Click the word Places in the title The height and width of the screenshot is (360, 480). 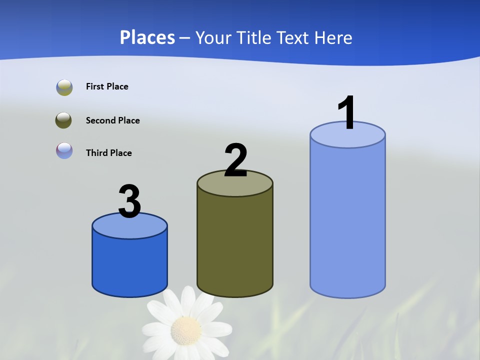tap(147, 37)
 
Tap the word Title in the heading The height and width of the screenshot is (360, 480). tap(253, 37)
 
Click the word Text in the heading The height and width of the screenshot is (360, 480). tap(292, 37)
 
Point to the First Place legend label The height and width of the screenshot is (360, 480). tap(107, 86)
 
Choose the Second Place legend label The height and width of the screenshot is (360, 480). tap(112, 120)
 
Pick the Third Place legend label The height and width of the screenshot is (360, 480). tap(108, 153)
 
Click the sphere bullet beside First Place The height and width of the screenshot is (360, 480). tap(64, 87)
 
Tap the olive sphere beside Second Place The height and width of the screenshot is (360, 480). tap(63, 120)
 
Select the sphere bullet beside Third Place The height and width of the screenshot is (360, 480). tap(64, 150)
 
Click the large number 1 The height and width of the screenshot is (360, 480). tap(346, 113)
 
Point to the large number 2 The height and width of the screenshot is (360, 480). tap(235, 160)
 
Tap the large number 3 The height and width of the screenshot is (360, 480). tap(129, 201)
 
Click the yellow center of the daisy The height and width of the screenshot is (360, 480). tap(186, 330)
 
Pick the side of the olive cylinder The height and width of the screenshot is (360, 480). tap(235, 240)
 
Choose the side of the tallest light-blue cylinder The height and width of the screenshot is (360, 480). tap(347, 220)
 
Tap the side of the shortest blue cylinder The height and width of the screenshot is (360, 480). tap(129, 265)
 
